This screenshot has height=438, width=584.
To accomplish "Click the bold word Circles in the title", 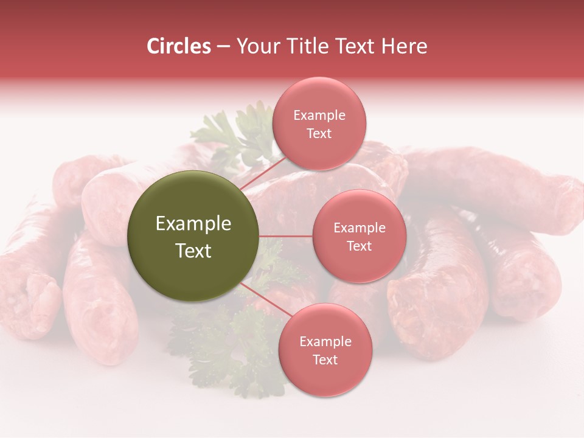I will point(179,46).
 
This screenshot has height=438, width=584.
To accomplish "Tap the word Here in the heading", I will point(405,46).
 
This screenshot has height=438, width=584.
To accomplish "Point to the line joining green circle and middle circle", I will point(286,236).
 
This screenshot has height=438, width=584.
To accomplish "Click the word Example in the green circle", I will point(193,224).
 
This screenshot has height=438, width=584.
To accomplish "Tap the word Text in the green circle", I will point(193,251).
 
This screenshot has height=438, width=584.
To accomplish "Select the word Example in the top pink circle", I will point(319,116).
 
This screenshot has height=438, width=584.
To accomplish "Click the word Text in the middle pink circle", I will point(359,246).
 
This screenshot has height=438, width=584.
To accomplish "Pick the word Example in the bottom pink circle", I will point(325,342).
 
